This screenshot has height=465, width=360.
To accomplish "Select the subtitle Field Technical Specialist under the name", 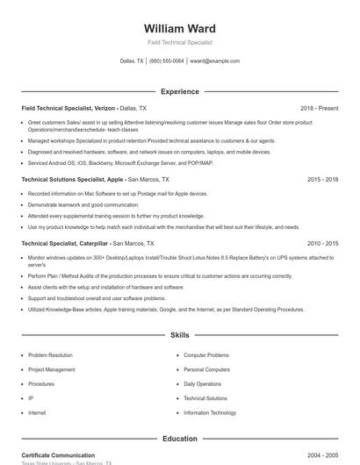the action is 179,42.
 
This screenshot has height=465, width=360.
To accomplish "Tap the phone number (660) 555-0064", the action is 167,61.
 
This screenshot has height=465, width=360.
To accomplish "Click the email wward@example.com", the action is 214,61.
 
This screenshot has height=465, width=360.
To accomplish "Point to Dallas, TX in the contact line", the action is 132,61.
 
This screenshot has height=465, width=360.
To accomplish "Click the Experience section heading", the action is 179,91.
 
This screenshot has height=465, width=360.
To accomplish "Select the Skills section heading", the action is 179,335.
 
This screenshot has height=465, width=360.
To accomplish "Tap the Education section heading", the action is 179,438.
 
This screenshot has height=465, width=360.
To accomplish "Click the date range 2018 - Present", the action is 319,108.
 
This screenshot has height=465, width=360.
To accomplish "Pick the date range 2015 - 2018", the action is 322,179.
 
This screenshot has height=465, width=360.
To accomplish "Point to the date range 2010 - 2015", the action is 322,243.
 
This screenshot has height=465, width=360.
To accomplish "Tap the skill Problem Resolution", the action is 50,355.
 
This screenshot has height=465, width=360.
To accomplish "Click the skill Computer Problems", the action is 206,355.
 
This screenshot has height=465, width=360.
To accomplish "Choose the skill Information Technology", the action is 210,412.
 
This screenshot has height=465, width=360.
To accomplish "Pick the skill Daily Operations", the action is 203,383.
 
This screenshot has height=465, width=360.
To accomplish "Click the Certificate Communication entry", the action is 58,455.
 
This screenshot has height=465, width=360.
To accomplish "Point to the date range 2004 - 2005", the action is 322,455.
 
